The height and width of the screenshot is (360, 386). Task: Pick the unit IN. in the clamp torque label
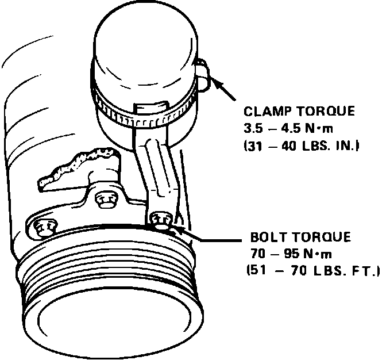coord(347,146)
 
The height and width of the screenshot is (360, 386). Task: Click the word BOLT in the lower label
coord(268,238)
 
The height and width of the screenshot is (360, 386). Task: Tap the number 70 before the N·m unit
coord(259,254)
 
